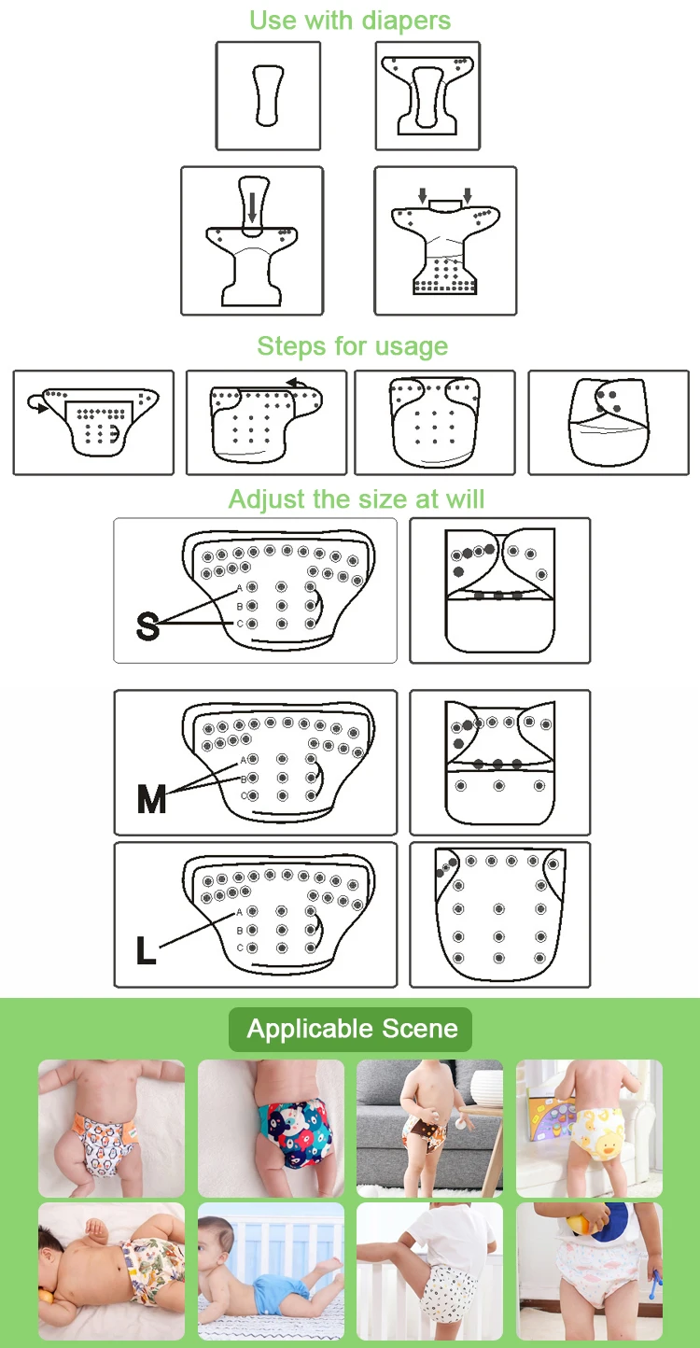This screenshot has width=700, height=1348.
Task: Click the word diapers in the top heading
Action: coord(406,21)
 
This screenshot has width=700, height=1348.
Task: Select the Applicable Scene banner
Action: coord(350,1029)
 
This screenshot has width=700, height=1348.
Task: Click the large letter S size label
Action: coord(147,625)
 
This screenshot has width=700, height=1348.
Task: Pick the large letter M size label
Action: coord(151,799)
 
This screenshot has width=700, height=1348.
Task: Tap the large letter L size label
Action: coord(145,951)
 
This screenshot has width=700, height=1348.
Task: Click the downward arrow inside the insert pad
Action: coord(252,206)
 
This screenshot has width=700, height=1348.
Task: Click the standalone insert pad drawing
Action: coord(268,95)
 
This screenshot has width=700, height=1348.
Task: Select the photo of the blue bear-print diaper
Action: coord(271,1129)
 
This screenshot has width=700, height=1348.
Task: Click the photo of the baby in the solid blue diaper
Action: coord(271,1271)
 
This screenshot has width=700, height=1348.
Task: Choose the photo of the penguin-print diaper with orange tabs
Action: coord(111,1129)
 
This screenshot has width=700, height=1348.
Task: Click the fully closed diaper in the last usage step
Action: coord(609,422)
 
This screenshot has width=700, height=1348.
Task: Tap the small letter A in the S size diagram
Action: coord(240,588)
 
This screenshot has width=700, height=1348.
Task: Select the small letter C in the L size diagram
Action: coord(240,948)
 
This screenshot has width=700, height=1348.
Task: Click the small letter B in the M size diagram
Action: coord(244,779)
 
